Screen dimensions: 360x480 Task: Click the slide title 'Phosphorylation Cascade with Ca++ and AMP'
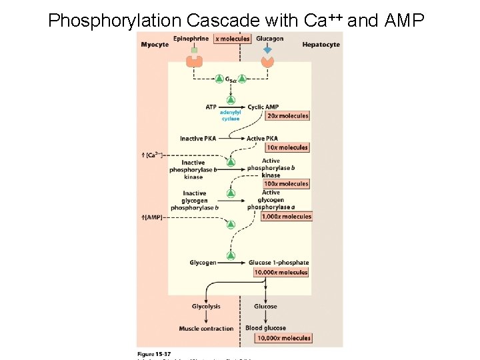(235, 20)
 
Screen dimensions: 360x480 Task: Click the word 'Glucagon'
(269, 39)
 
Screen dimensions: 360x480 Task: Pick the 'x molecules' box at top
(233, 39)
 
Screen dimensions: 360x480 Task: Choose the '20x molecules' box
(287, 116)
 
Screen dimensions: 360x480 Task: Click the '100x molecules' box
(287, 184)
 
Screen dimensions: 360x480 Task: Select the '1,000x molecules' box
(287, 217)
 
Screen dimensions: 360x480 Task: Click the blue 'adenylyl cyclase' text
(231, 116)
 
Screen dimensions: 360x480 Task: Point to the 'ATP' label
(211, 107)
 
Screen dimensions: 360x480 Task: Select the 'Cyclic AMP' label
(263, 107)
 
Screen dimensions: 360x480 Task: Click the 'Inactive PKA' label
(198, 139)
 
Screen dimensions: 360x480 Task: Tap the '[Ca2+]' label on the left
(152, 155)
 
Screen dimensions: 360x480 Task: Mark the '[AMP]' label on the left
(152, 217)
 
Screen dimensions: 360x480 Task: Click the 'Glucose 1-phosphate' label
(279, 263)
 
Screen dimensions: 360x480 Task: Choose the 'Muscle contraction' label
(206, 329)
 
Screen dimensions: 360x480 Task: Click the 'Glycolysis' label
(206, 307)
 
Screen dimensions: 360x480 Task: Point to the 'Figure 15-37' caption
(154, 353)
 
